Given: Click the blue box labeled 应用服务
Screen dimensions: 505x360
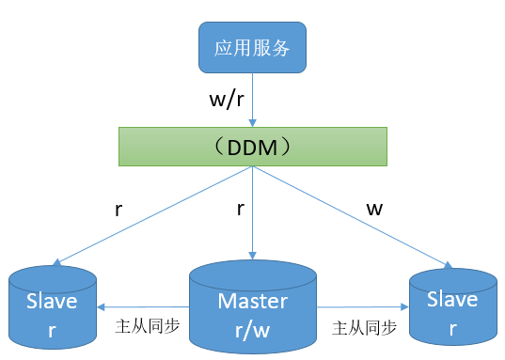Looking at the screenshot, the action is click(x=252, y=47).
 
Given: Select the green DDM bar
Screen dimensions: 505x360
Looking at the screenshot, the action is click(x=253, y=147).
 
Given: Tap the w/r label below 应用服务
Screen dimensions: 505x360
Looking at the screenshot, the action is click(x=227, y=99).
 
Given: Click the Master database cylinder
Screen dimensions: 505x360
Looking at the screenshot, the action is click(x=253, y=306).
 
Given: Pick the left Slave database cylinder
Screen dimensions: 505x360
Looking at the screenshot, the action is click(x=53, y=307).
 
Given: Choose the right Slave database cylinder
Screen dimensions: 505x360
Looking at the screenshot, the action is click(x=453, y=306).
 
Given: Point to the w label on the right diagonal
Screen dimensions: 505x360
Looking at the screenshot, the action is click(x=374, y=210).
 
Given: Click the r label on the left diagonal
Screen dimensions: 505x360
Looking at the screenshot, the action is click(x=118, y=210).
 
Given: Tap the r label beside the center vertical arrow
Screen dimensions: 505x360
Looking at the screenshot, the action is click(x=240, y=209).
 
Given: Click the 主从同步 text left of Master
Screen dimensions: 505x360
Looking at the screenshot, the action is click(x=148, y=326).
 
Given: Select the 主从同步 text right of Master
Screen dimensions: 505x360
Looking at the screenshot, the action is click(x=364, y=328).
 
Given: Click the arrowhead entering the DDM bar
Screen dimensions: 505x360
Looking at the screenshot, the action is click(x=252, y=123).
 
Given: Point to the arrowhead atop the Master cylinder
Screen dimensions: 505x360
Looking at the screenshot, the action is click(x=252, y=256).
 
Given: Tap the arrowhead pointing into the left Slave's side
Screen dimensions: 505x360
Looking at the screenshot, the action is click(x=101, y=307).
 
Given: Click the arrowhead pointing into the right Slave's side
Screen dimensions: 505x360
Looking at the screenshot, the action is click(x=404, y=306).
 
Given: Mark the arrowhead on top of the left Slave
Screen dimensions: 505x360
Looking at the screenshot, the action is click(x=57, y=262).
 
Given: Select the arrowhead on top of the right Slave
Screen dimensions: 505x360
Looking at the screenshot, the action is click(x=449, y=265).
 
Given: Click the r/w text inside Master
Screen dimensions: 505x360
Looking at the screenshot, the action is click(x=252, y=330).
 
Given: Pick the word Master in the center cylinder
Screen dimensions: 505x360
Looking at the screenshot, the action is click(x=253, y=302).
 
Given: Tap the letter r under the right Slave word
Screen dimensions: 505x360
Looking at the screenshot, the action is click(x=453, y=329).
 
